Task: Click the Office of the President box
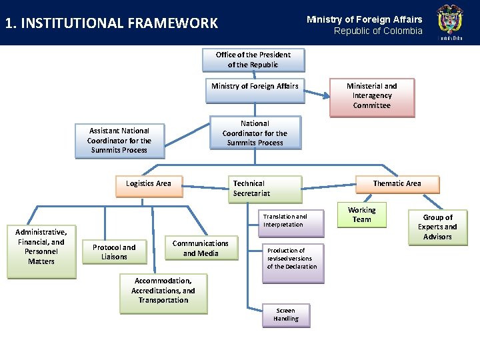pyautogui.click(x=253, y=60)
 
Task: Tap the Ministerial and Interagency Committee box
pyautogui.click(x=371, y=96)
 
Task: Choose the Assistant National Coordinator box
pyautogui.click(x=119, y=141)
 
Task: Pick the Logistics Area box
pyautogui.click(x=148, y=185)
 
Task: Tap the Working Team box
pyautogui.click(x=362, y=215)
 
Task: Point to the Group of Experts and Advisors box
pyautogui.click(x=437, y=227)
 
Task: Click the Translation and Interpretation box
pyautogui.click(x=285, y=221)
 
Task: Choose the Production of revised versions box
pyautogui.click(x=291, y=259)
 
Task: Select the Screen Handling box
pyautogui.click(x=285, y=315)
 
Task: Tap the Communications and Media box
pyautogui.click(x=200, y=249)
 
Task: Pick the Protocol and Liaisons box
pyautogui.click(x=114, y=252)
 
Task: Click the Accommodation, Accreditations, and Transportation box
pyautogui.click(x=163, y=291)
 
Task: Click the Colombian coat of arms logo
pyautogui.click(x=449, y=22)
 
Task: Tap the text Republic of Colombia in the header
pyautogui.click(x=378, y=31)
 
